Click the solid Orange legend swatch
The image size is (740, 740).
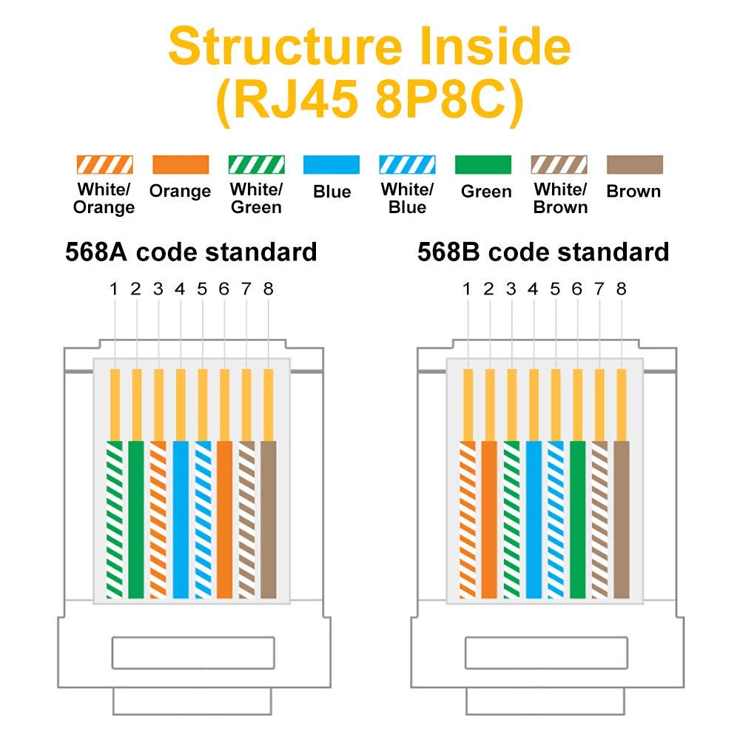click(x=180, y=164)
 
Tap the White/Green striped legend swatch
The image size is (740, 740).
click(x=256, y=164)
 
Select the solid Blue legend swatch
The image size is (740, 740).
click(x=332, y=164)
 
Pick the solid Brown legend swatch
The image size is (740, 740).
click(x=634, y=164)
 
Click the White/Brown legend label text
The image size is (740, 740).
click(x=560, y=198)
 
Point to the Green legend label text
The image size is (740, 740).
click(x=486, y=192)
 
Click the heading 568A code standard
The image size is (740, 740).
click(x=191, y=252)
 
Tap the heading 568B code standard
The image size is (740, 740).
click(x=543, y=252)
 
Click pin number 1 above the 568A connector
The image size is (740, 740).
click(x=114, y=289)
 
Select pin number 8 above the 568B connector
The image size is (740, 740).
click(x=621, y=289)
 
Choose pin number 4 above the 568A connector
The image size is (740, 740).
click(x=180, y=289)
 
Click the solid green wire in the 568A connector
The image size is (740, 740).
click(x=136, y=518)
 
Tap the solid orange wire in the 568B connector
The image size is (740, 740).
click(x=489, y=518)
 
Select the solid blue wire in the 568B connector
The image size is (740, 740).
click(x=534, y=518)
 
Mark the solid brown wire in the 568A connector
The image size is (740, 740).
click(x=269, y=518)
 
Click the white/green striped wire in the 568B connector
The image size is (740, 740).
click(x=511, y=518)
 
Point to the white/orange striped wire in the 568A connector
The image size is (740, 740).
click(x=158, y=518)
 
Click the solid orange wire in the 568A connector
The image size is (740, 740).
click(x=224, y=518)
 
